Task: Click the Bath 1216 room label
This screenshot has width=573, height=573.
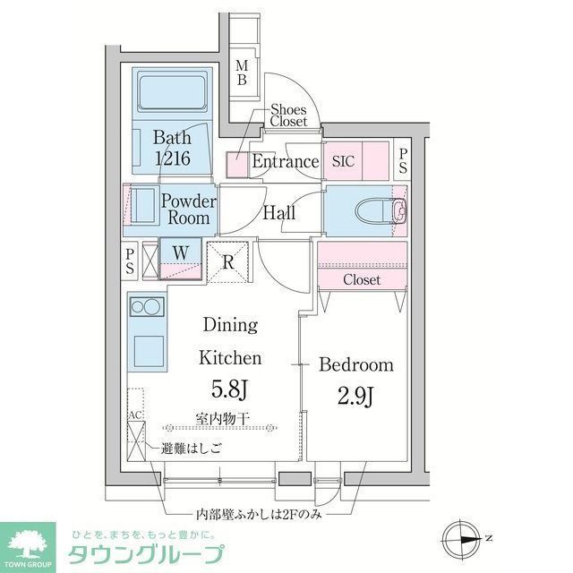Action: point(172,149)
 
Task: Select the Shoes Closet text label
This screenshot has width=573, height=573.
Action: point(289,115)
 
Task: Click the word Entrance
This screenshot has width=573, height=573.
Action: point(285,162)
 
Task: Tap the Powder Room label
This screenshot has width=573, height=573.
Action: point(188,210)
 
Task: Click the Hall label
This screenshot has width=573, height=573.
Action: point(278,213)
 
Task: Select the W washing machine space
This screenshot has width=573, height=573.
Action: point(181,253)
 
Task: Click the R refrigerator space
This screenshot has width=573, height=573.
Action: point(228,262)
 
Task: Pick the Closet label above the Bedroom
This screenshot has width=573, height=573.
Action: point(362,280)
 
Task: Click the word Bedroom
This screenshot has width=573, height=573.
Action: point(356,364)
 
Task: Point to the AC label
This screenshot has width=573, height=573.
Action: point(135,415)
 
